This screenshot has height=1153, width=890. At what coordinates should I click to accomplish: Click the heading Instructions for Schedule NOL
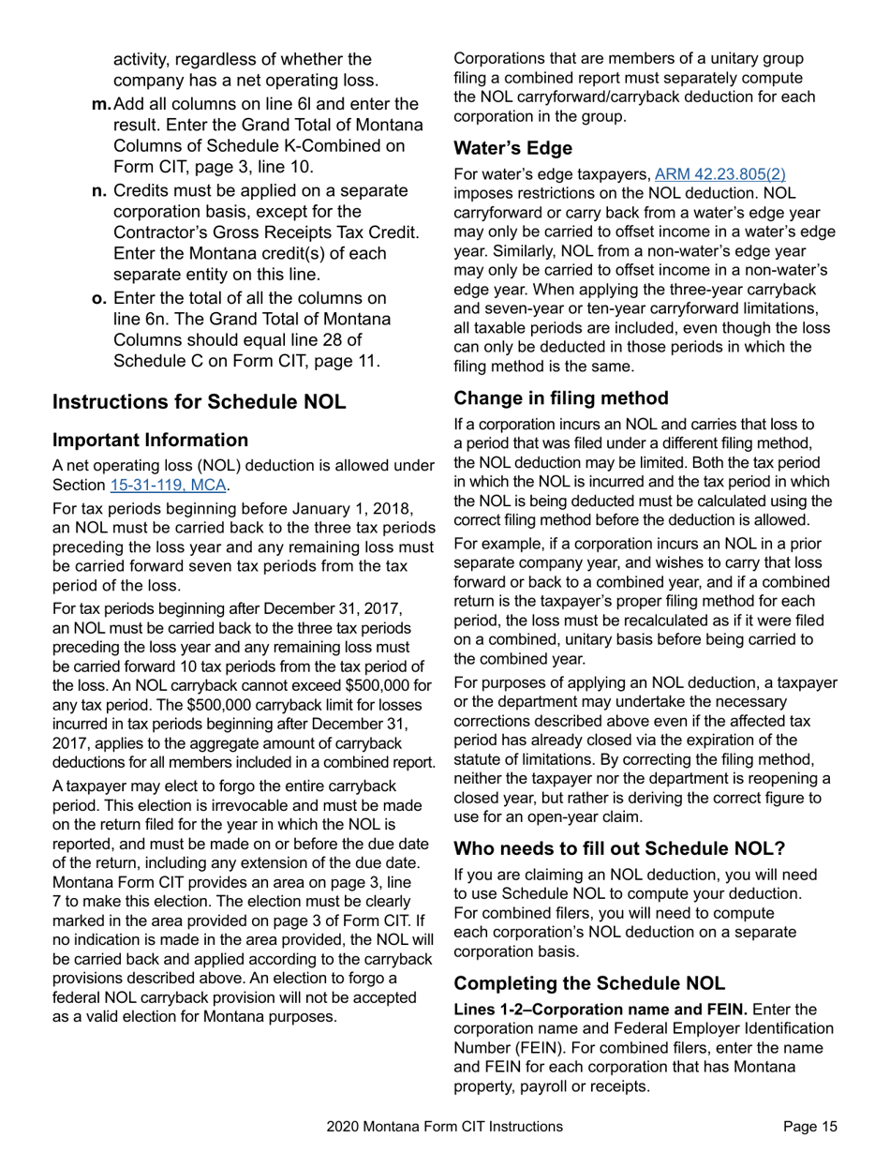pyautogui.click(x=199, y=401)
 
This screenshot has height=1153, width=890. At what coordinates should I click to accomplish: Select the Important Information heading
pyautogui.click(x=150, y=440)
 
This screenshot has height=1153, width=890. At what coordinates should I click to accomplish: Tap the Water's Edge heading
pyautogui.click(x=512, y=148)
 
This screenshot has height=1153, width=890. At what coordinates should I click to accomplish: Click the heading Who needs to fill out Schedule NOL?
pyautogui.click(x=619, y=849)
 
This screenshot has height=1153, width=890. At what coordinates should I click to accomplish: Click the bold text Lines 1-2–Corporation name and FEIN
pyautogui.click(x=601, y=1009)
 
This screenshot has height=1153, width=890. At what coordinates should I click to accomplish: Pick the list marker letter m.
pyautogui.click(x=101, y=102)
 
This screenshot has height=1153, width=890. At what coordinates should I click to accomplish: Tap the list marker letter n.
pyautogui.click(x=98, y=191)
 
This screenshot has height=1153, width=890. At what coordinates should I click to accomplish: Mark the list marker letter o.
pyautogui.click(x=98, y=298)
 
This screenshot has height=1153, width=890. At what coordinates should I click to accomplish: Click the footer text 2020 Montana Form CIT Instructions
pyautogui.click(x=445, y=1127)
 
